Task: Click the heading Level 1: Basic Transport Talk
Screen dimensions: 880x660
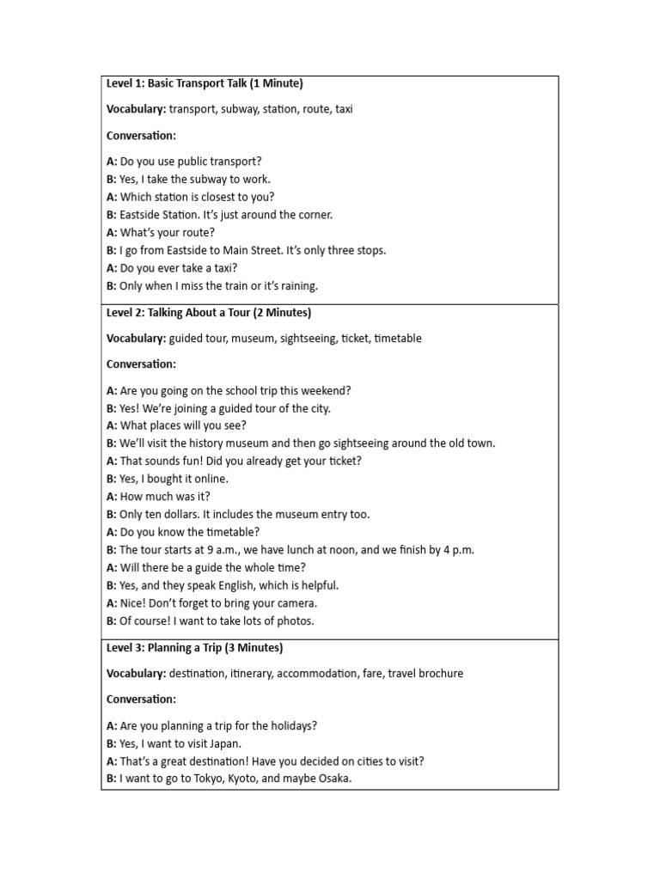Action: coord(205,83)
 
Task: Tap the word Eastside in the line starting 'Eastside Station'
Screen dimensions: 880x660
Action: coord(141,214)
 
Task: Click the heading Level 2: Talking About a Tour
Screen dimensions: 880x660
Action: coord(209,312)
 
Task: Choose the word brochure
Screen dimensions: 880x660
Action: coord(439,674)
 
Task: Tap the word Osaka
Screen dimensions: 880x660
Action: coord(333,779)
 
